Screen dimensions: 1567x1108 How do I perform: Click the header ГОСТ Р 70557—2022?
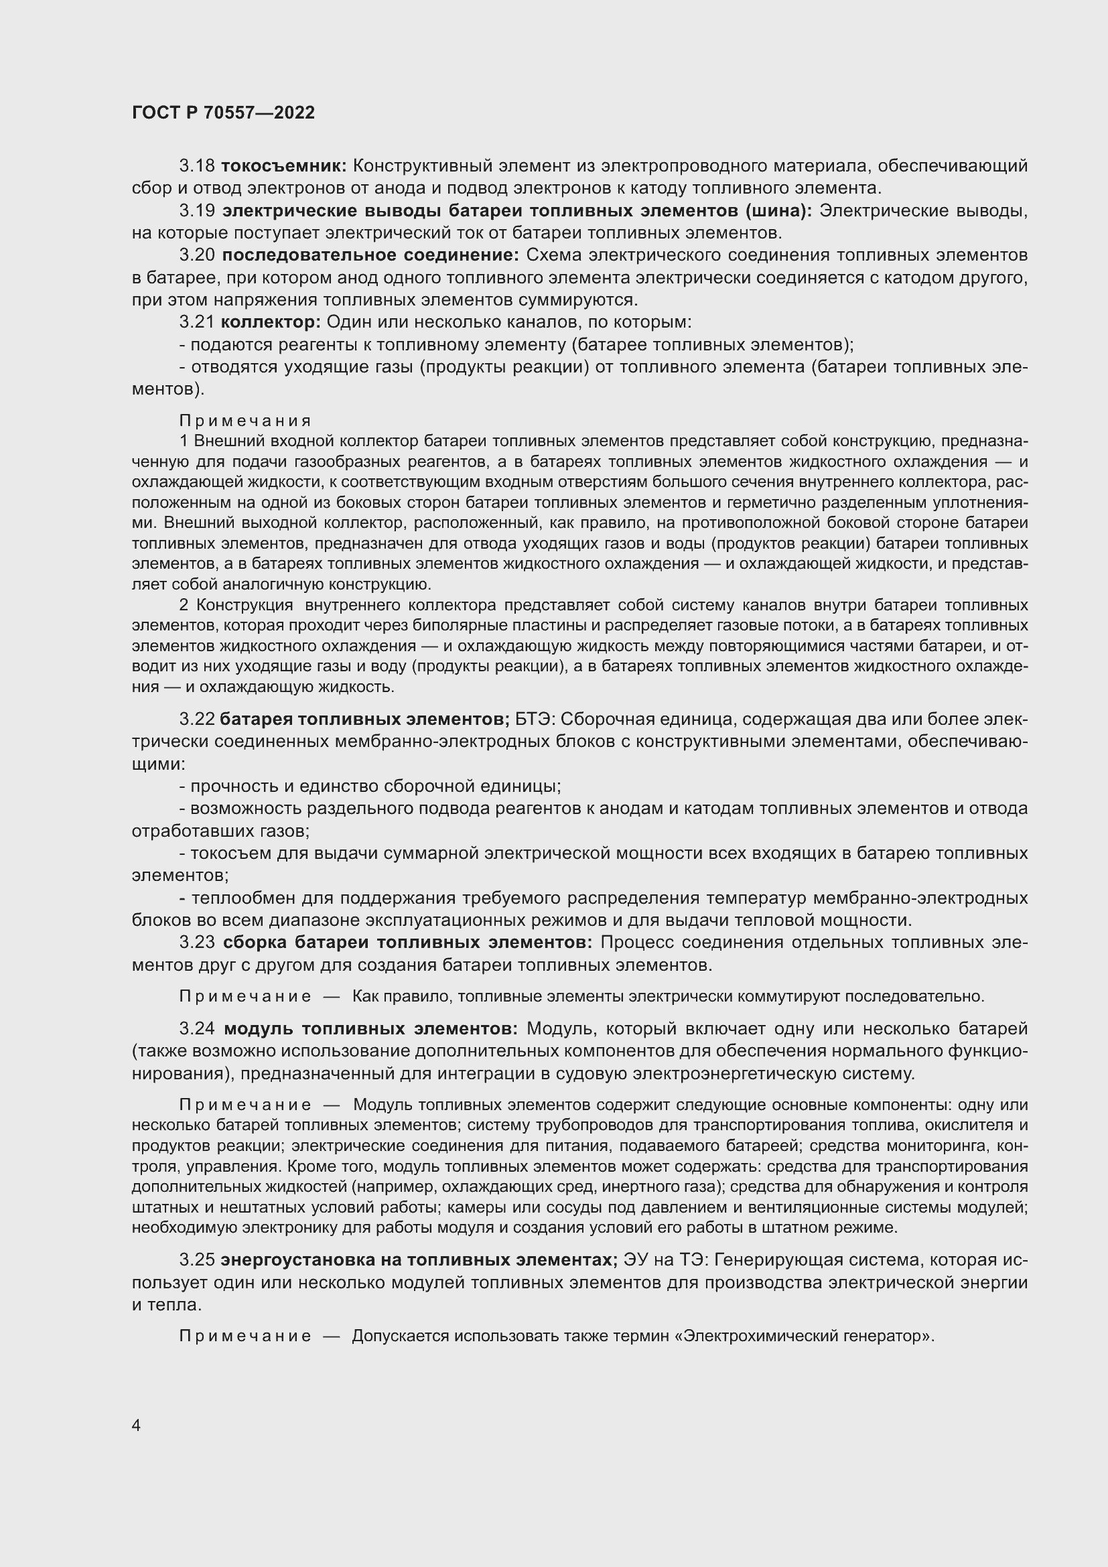[x=223, y=113]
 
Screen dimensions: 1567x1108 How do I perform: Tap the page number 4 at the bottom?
[x=137, y=1426]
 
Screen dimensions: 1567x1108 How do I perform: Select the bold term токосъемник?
[x=285, y=166]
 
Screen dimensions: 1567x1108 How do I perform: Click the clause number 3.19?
[x=197, y=211]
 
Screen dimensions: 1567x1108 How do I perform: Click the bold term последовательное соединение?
[x=370, y=255]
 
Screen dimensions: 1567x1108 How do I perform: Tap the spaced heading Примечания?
[x=246, y=421]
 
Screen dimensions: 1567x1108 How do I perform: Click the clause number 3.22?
[x=196, y=720]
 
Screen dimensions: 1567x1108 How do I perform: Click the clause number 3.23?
[x=197, y=943]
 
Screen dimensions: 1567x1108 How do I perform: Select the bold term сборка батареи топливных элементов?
[x=408, y=943]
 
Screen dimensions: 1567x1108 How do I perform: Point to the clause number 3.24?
[x=197, y=1028]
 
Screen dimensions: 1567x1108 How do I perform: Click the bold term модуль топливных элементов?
[x=370, y=1028]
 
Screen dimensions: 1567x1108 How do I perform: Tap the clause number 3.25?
[x=196, y=1260]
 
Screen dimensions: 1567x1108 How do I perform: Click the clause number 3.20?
[x=197, y=255]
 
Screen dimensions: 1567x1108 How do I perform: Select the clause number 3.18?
[x=196, y=166]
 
